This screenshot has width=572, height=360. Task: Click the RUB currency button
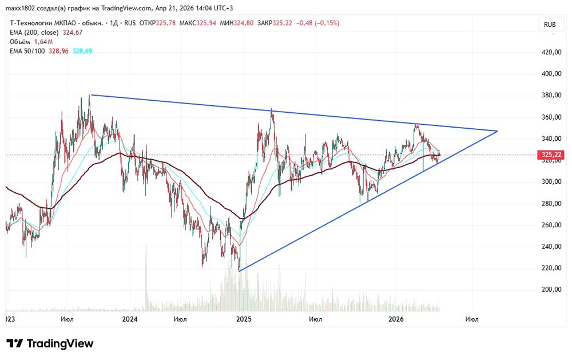550,25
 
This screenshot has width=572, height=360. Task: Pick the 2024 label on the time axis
130,318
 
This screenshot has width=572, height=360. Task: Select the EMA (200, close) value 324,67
72,33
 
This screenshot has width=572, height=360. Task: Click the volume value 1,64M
43,42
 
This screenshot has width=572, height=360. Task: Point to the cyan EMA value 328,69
82,51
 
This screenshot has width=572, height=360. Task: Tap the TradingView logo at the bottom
50,343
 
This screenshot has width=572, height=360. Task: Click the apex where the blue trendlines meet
498,131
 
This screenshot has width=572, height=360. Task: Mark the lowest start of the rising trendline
239,271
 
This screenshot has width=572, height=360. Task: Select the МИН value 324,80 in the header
246,23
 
